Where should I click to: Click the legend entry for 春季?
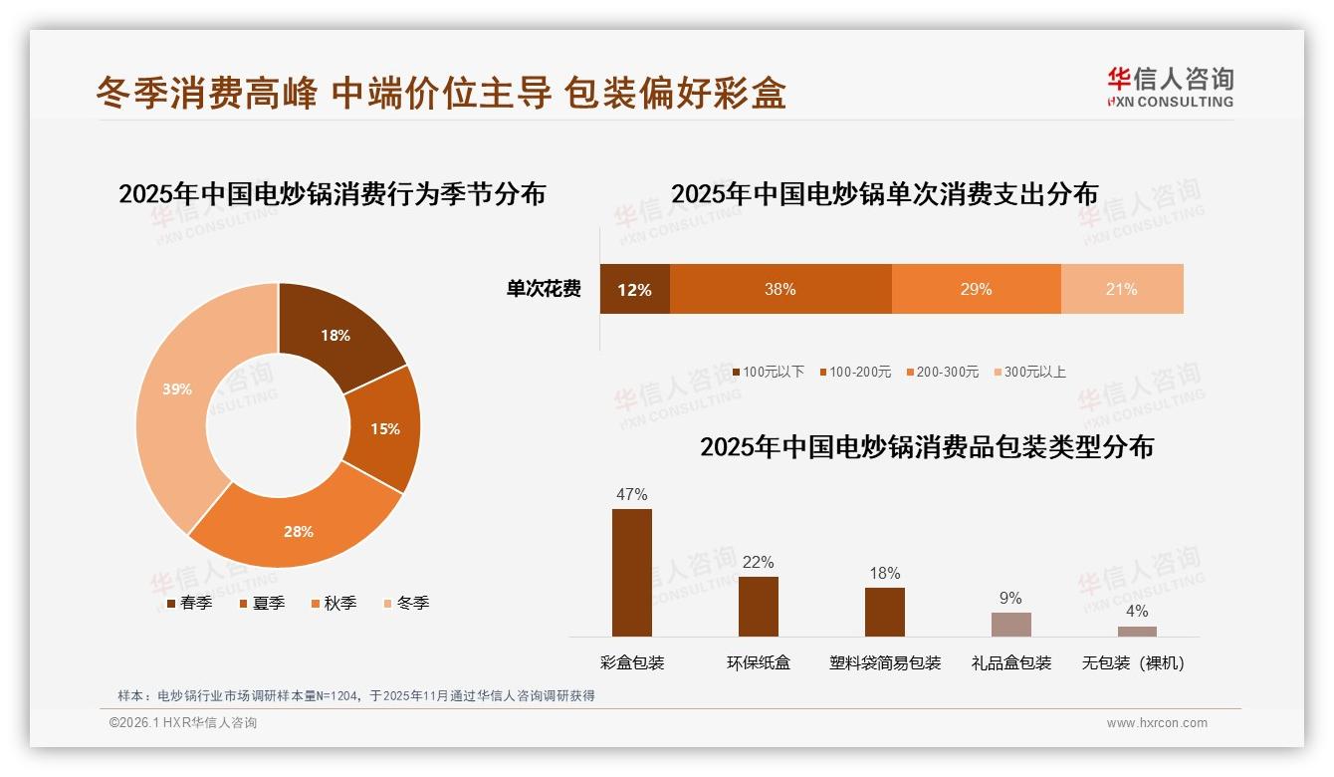[x=189, y=603]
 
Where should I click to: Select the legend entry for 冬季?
[x=406, y=603]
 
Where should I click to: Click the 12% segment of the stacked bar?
[x=634, y=290]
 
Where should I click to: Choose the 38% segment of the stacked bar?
[x=779, y=290]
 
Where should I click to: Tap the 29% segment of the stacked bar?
[x=976, y=290]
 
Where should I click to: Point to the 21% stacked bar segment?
[x=1122, y=290]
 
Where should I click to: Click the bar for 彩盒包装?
[x=632, y=573]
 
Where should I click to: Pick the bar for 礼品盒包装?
[x=1010, y=625]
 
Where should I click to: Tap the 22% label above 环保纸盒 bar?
[x=758, y=563]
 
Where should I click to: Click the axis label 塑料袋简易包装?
[x=885, y=663]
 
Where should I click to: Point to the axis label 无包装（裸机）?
[x=1134, y=663]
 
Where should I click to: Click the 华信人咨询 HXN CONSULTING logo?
[x=1170, y=88]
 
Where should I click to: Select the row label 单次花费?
[x=544, y=290]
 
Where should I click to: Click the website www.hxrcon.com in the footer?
[x=1157, y=723]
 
